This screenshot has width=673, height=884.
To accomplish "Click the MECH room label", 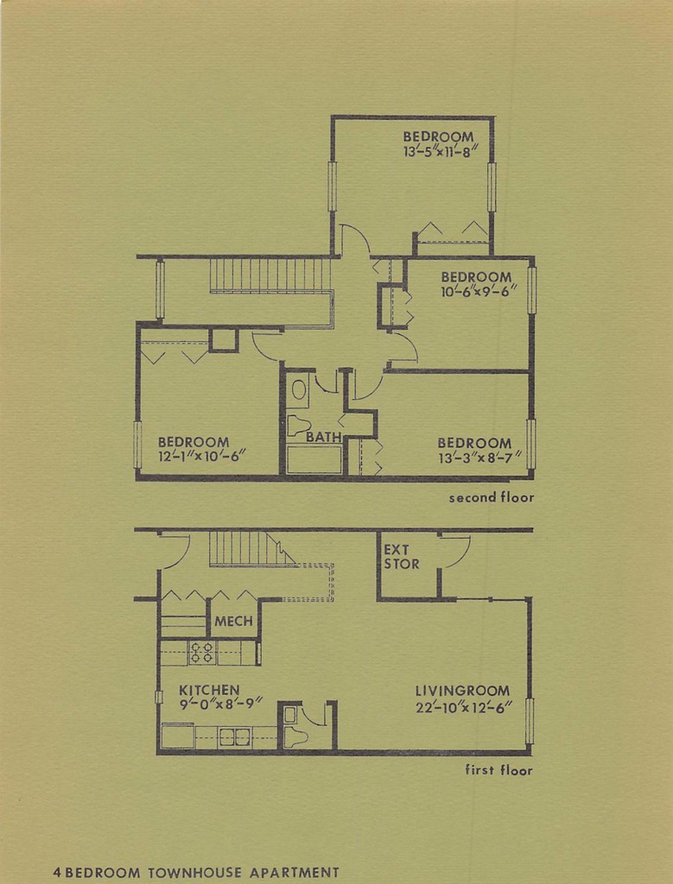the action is [x=233, y=621].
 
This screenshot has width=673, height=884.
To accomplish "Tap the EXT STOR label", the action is [x=402, y=557].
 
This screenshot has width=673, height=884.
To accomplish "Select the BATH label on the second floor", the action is [x=323, y=438].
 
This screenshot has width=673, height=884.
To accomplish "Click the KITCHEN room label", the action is [x=209, y=690].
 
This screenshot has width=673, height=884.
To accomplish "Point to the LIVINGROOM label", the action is [x=462, y=691].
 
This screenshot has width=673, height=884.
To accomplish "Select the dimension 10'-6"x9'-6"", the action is [x=478, y=291].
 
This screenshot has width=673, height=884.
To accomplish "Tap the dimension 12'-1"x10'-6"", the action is [x=202, y=457].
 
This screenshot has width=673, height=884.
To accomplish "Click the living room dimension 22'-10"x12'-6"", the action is [x=464, y=705].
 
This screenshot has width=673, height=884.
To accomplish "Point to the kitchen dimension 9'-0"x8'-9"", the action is [x=220, y=704].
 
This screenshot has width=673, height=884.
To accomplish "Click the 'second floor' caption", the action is [x=491, y=497].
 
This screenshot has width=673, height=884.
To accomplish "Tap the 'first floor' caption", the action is [x=498, y=770].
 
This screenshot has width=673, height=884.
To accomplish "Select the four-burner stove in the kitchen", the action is [x=202, y=653].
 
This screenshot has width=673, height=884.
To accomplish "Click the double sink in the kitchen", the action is [x=234, y=736].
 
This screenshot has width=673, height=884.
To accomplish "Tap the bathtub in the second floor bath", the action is [x=314, y=459].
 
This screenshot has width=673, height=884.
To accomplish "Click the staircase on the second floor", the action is [x=270, y=275].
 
